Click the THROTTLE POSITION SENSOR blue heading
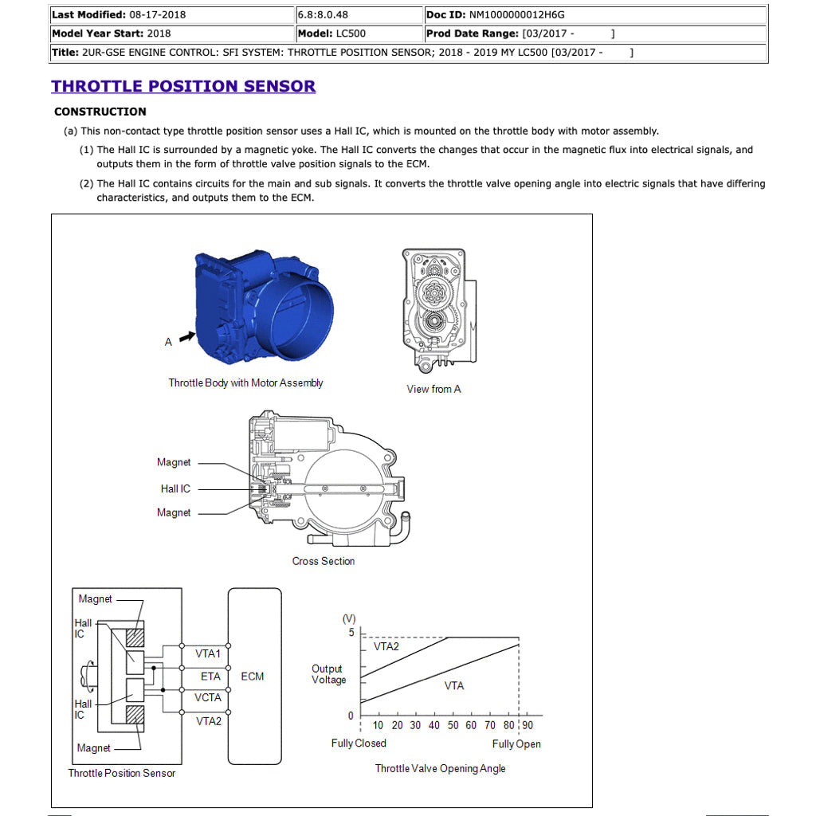(x=183, y=86)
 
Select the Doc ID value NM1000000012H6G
(x=519, y=14)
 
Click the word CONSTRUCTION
(x=100, y=112)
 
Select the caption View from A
(x=433, y=389)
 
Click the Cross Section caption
(x=323, y=561)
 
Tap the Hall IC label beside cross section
(x=175, y=488)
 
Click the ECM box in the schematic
(x=254, y=676)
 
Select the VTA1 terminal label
(x=209, y=653)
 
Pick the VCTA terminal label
(x=209, y=697)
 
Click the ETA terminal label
(x=210, y=676)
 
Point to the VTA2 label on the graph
(x=386, y=646)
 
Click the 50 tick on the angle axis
(x=453, y=725)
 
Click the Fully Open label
(x=516, y=743)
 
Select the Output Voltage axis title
(x=328, y=674)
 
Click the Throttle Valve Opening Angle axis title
(x=440, y=768)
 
